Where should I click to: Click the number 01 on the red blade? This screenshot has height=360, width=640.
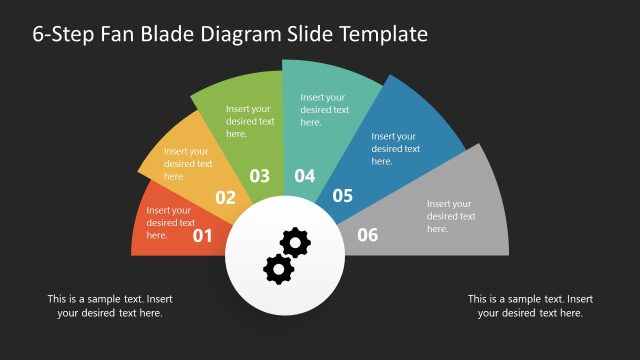click(203, 236)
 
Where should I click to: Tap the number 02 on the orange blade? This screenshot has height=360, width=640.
click(226, 197)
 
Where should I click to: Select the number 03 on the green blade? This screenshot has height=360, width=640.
click(260, 176)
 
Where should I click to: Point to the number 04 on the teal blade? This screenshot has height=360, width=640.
click(305, 176)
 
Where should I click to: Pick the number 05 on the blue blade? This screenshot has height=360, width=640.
click(343, 196)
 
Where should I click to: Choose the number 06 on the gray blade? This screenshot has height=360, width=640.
click(368, 235)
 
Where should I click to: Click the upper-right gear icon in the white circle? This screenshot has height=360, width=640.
click(295, 242)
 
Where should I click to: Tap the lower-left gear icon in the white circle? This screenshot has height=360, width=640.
click(277, 267)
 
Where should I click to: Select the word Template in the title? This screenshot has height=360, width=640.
click(385, 34)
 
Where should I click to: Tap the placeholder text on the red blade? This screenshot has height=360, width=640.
click(169, 223)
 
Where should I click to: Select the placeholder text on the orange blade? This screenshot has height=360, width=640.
click(188, 164)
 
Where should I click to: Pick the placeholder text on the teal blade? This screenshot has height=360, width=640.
click(325, 110)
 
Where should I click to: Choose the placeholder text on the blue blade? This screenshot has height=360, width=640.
click(395, 149)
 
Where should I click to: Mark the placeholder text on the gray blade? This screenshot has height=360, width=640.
click(451, 216)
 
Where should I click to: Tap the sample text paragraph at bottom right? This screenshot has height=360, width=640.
click(530, 306)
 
